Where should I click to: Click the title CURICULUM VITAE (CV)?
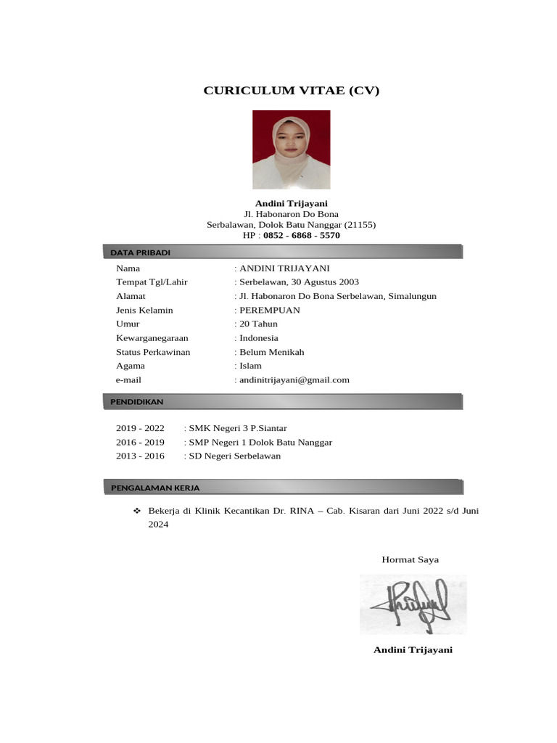click(291, 91)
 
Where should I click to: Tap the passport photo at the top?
click(291, 149)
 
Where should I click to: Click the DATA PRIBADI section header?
click(141, 253)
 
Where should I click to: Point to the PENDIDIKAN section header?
click(137, 401)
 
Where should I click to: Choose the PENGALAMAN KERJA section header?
click(155, 488)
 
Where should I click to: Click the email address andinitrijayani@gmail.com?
click(294, 379)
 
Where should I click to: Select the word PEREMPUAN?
click(269, 310)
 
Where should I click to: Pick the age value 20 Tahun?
click(258, 324)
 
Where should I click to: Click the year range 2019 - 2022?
click(140, 428)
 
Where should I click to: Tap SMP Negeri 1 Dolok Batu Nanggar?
click(260, 442)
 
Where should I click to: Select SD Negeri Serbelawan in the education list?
click(234, 456)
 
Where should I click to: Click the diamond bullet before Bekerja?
click(136, 511)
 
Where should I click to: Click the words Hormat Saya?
click(410, 559)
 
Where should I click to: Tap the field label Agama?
click(131, 366)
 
